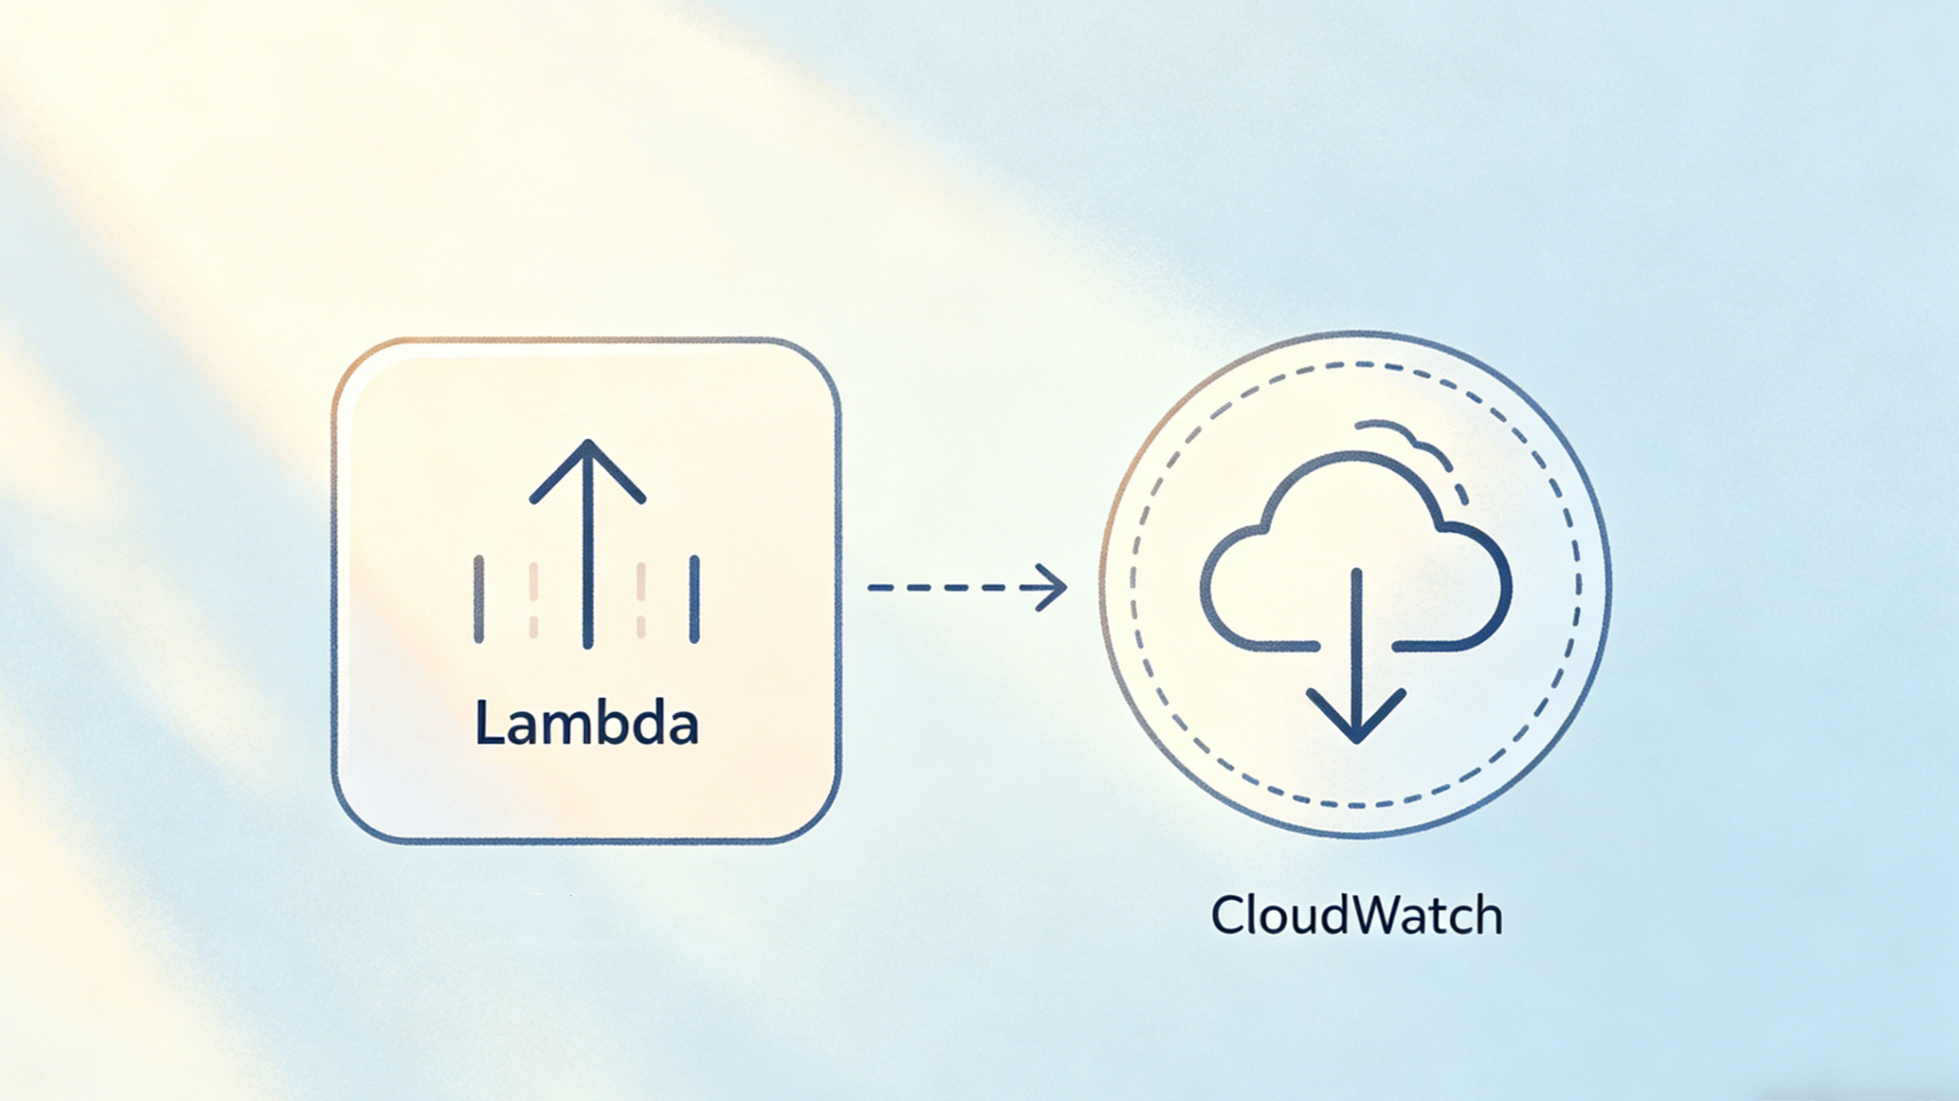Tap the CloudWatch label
[1357, 915]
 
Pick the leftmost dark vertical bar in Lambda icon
[479, 599]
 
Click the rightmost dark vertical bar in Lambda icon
[695, 599]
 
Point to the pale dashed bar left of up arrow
[533, 599]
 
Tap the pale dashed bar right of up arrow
[641, 599]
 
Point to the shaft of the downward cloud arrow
[1356, 638]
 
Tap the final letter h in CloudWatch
[1488, 915]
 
